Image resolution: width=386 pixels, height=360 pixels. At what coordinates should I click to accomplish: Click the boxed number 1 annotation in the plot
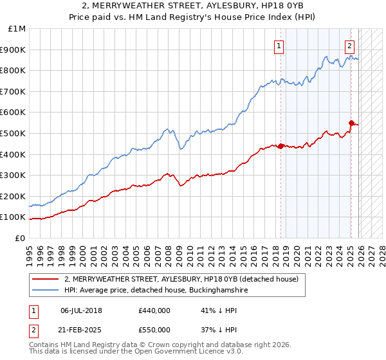279,46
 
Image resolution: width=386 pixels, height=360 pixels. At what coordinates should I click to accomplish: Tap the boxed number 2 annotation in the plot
349,46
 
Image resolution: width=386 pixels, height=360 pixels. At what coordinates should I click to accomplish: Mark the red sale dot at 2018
281,146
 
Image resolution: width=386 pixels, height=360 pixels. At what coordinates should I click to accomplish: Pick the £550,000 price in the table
154,329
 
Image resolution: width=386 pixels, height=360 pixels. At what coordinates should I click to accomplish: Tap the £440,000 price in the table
154,310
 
